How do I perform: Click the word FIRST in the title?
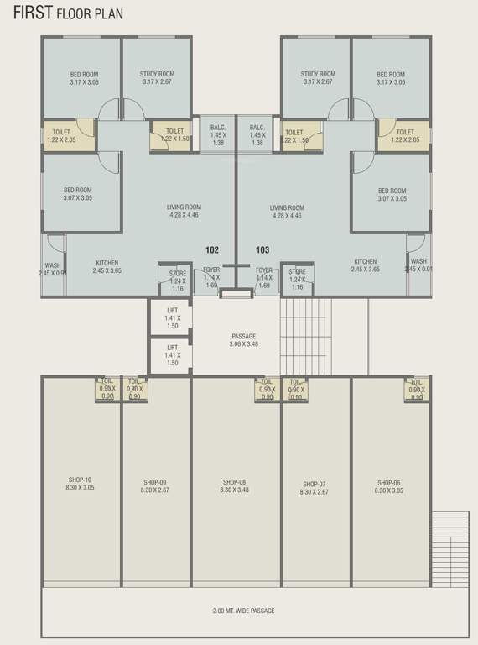pyautogui.click(x=32, y=13)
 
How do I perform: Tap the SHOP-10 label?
pyautogui.click(x=81, y=483)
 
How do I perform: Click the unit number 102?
pyautogui.click(x=212, y=249)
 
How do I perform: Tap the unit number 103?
pyautogui.click(x=262, y=249)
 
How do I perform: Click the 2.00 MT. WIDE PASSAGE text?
pyautogui.click(x=243, y=611)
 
